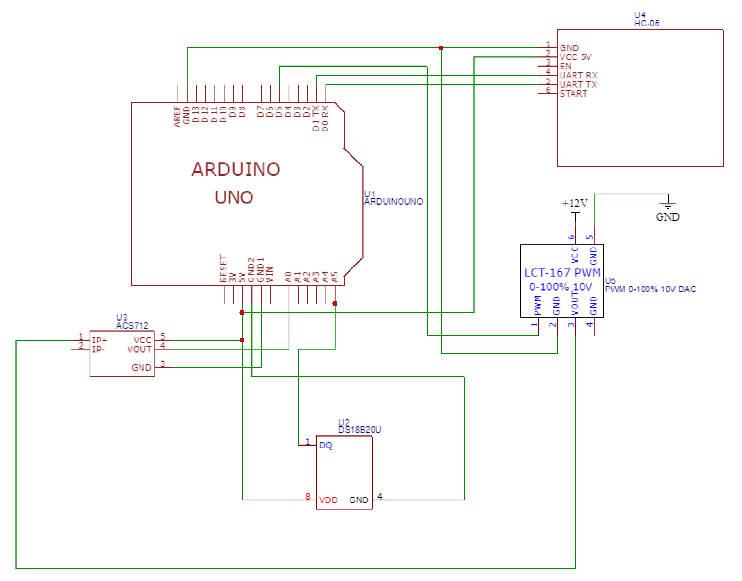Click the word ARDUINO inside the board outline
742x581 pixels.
tap(236, 169)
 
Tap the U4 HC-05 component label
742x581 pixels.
tap(646, 19)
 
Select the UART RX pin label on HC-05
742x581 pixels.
tap(578, 75)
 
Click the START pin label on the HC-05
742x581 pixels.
tap(573, 94)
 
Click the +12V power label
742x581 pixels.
tap(575, 203)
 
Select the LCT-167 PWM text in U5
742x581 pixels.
tap(562, 273)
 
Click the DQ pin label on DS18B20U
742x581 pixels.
tap(326, 446)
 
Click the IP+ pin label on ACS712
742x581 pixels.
tap(100, 340)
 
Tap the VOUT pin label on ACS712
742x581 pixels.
tap(139, 349)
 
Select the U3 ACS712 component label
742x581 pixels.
tap(132, 321)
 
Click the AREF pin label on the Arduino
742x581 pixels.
tap(177, 116)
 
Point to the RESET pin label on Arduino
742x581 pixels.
tap(223, 268)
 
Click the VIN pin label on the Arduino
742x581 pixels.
tap(269, 274)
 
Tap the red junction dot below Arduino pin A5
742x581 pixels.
tap(335, 303)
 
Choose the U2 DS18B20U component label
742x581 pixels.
tap(360, 426)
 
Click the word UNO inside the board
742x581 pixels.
tap(234, 197)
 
